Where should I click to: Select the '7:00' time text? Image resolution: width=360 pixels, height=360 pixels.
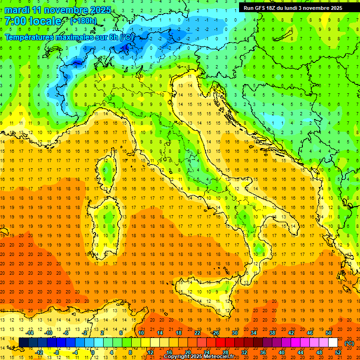pos(15,22)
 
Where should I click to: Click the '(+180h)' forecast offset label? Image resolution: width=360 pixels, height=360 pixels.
pos(83,21)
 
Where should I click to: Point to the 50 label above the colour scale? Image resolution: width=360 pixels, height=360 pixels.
pos(329,333)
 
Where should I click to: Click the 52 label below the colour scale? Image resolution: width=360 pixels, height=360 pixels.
pos(338,352)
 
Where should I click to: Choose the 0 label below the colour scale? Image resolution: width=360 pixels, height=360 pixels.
pos(93,352)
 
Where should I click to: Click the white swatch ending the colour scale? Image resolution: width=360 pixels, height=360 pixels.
pos(333,343)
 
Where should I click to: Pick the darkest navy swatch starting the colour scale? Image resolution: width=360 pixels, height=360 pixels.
pos(23,343)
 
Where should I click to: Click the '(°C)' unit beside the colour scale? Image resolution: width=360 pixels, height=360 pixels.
pos(349,343)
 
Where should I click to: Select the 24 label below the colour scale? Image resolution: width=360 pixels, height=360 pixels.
pos(207,352)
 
